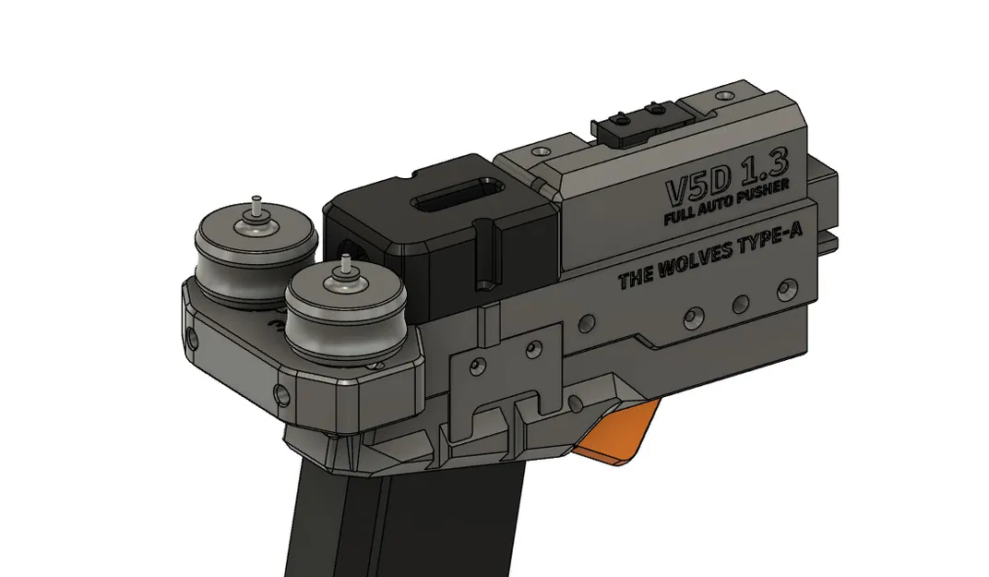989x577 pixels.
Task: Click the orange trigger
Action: point(618,434)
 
